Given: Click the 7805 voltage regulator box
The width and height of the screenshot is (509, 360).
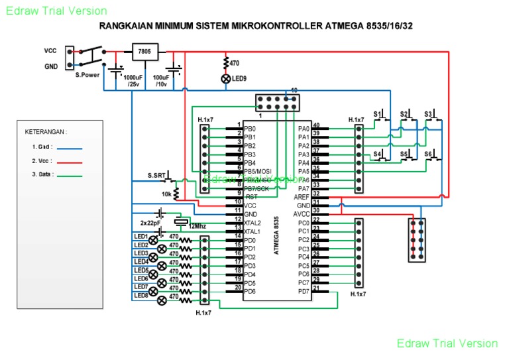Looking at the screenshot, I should (144, 51).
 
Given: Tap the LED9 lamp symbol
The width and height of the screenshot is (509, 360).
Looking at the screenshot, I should (226, 78).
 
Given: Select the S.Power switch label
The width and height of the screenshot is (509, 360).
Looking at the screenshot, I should (87, 75).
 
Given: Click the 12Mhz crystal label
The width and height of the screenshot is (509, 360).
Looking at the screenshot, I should (197, 226).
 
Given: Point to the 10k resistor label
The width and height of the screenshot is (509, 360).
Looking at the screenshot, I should (167, 195).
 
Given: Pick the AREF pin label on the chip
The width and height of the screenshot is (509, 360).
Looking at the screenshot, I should (301, 197).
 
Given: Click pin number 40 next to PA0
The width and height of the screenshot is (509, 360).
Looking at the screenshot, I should (316, 125).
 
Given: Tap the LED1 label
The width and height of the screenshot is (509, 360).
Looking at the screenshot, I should (141, 236).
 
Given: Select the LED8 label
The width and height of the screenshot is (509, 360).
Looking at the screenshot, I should (141, 295).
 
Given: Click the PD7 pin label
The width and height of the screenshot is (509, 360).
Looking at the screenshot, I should (303, 291).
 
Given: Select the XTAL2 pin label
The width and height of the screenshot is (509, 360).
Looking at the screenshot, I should (253, 223).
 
